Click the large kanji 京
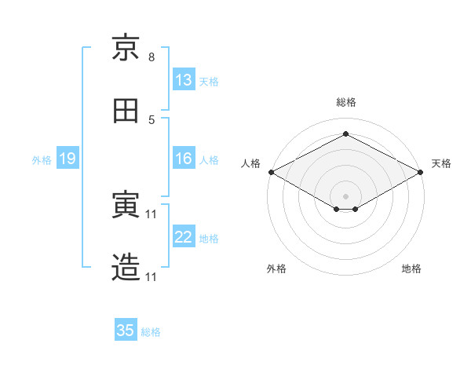pos(126,47)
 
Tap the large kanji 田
pos(126,111)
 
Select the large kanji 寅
pos(126,204)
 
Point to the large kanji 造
pos(126,267)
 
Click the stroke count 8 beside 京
pos(152,57)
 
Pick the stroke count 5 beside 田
pos(152,120)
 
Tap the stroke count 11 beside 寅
pos(151,214)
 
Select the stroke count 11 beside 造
pos(151,277)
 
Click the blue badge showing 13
pos(184,79)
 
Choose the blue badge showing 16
pos(184,158)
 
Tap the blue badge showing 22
pos(184,236)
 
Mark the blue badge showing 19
pos(68,158)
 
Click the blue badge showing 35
pos(126,329)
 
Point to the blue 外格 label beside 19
pos(42,160)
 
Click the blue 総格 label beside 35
pos(151,332)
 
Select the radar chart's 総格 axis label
pos(346,102)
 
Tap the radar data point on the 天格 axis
pos(421,172)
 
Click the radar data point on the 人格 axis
pos(272,172)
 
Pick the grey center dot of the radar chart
pos(345,196)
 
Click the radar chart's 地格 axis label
pos(411,269)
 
